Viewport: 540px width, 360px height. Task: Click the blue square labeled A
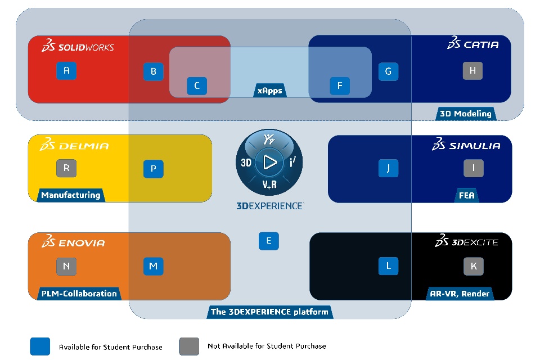pyautogui.click(x=66, y=70)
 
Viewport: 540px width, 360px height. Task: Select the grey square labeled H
pyautogui.click(x=472, y=70)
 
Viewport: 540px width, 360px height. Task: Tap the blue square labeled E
pyautogui.click(x=269, y=241)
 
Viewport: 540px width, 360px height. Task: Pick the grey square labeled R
pyautogui.click(x=66, y=168)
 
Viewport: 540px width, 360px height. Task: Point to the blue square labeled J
pyautogui.click(x=388, y=168)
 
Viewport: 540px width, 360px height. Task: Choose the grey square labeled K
pyautogui.click(x=473, y=266)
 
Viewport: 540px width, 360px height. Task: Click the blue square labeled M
pyautogui.click(x=153, y=266)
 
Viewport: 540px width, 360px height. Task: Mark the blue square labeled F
pyautogui.click(x=339, y=86)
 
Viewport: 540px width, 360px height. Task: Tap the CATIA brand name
pyautogui.click(x=480, y=44)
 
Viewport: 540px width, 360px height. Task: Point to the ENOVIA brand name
pyautogui.click(x=81, y=243)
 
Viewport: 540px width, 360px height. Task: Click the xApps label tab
pyautogui.click(x=270, y=91)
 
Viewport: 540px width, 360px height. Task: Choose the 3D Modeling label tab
pyautogui.click(x=465, y=114)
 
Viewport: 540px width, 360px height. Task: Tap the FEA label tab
pyautogui.click(x=467, y=196)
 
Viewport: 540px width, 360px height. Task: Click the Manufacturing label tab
pyautogui.click(x=71, y=195)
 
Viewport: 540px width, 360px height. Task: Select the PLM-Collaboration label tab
pyautogui.click(x=79, y=293)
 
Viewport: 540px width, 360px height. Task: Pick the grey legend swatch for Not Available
pyautogui.click(x=189, y=346)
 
